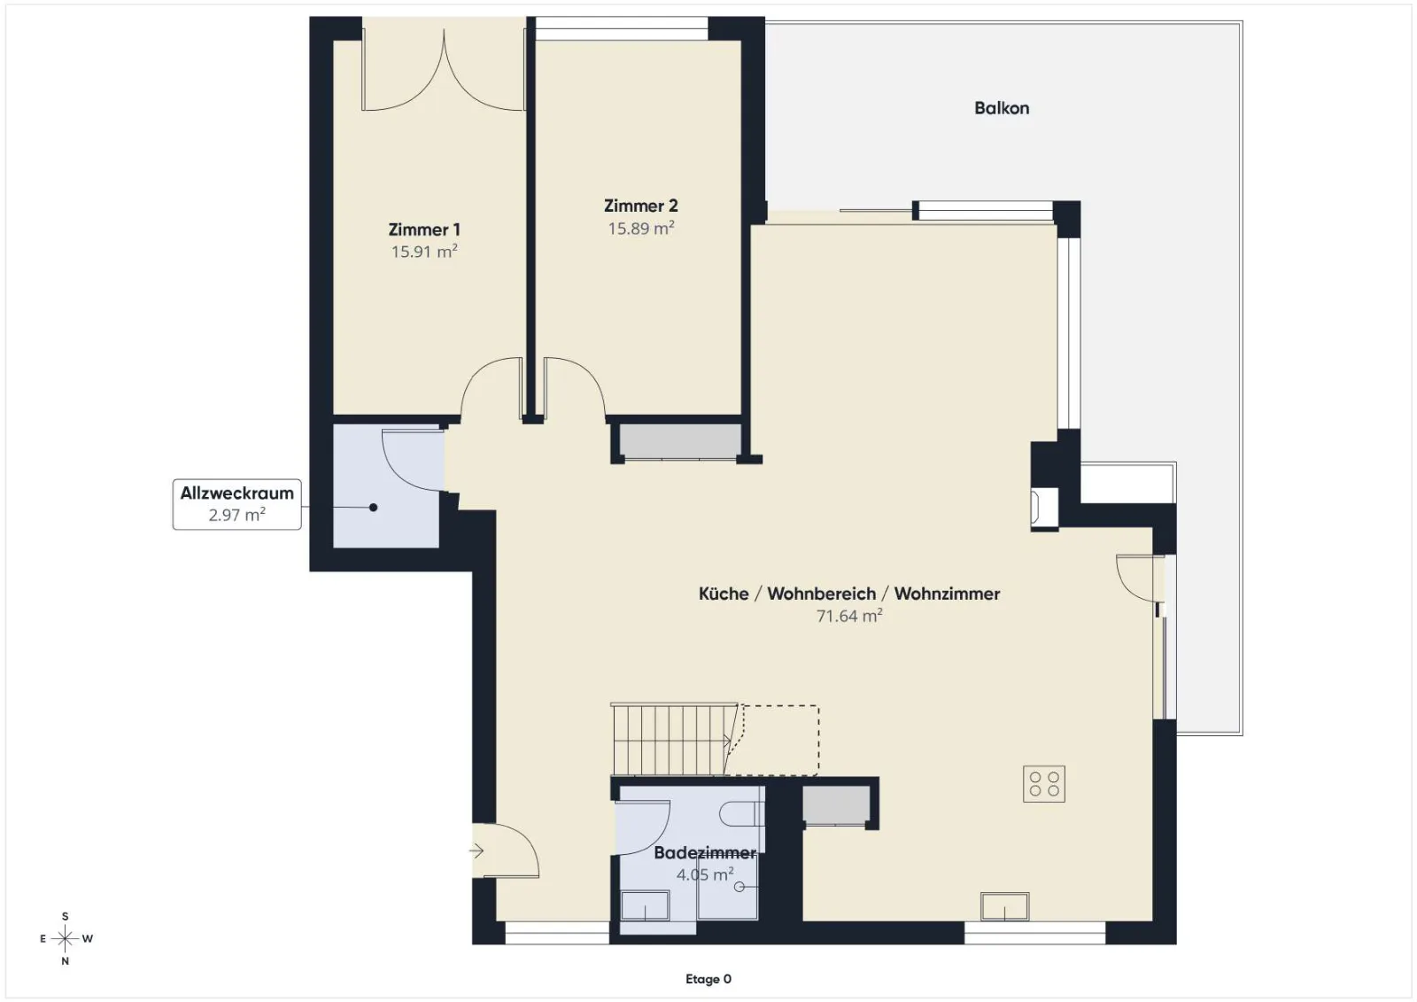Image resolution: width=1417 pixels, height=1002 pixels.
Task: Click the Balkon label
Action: (x=1002, y=108)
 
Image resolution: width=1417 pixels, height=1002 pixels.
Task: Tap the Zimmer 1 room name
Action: (x=424, y=229)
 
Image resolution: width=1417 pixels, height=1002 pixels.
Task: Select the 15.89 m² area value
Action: (x=641, y=228)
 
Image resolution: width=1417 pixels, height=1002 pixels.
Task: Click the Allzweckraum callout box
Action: (x=236, y=504)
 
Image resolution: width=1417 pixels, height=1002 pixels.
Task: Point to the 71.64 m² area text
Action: (x=849, y=615)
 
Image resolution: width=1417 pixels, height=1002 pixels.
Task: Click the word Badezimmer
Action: (x=705, y=852)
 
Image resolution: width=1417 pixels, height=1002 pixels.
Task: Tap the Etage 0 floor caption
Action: (x=708, y=979)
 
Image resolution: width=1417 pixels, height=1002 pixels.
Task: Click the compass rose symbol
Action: (x=65, y=938)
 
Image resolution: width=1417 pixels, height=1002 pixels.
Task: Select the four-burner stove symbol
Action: (x=1044, y=784)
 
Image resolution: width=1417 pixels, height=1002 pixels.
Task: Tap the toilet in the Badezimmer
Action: (x=741, y=814)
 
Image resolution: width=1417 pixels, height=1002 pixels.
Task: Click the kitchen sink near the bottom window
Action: (x=1004, y=905)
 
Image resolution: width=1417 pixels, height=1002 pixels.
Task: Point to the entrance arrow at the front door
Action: (x=476, y=851)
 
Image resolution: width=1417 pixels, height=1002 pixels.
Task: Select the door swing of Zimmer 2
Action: (x=575, y=387)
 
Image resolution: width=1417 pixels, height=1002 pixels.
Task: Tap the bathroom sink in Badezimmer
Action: (x=645, y=905)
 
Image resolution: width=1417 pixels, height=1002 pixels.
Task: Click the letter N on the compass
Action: (x=65, y=961)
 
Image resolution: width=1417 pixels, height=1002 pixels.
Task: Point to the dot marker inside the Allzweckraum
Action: (x=373, y=507)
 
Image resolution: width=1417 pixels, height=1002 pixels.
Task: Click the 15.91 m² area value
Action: (x=424, y=252)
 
